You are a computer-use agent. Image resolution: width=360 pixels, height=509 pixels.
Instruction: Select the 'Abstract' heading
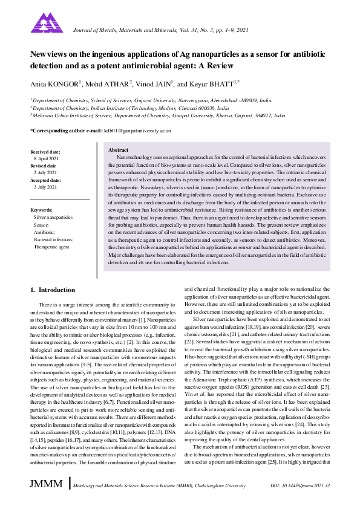coord(117,149)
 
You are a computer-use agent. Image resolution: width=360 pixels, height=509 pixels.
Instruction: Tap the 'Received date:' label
coord(45,151)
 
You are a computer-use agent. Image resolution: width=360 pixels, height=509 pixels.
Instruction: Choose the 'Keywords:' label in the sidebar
coord(42,209)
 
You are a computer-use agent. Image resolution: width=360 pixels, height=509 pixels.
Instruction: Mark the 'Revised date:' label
coord(44,166)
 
